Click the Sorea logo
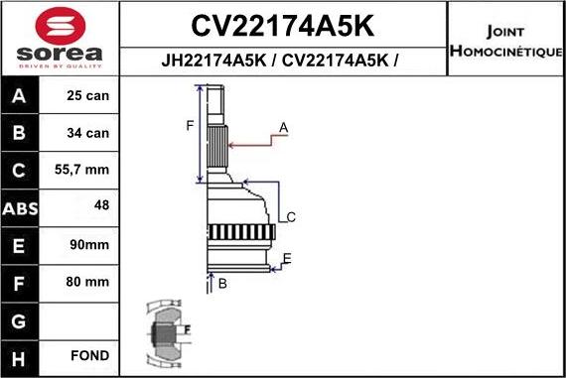58,38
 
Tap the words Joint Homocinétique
505,37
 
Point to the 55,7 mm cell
82,171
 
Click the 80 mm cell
87,281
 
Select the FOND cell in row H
89,355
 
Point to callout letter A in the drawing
283,127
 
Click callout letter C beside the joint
291,217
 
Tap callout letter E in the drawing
286,259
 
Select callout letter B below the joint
223,285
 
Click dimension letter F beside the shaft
189,124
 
